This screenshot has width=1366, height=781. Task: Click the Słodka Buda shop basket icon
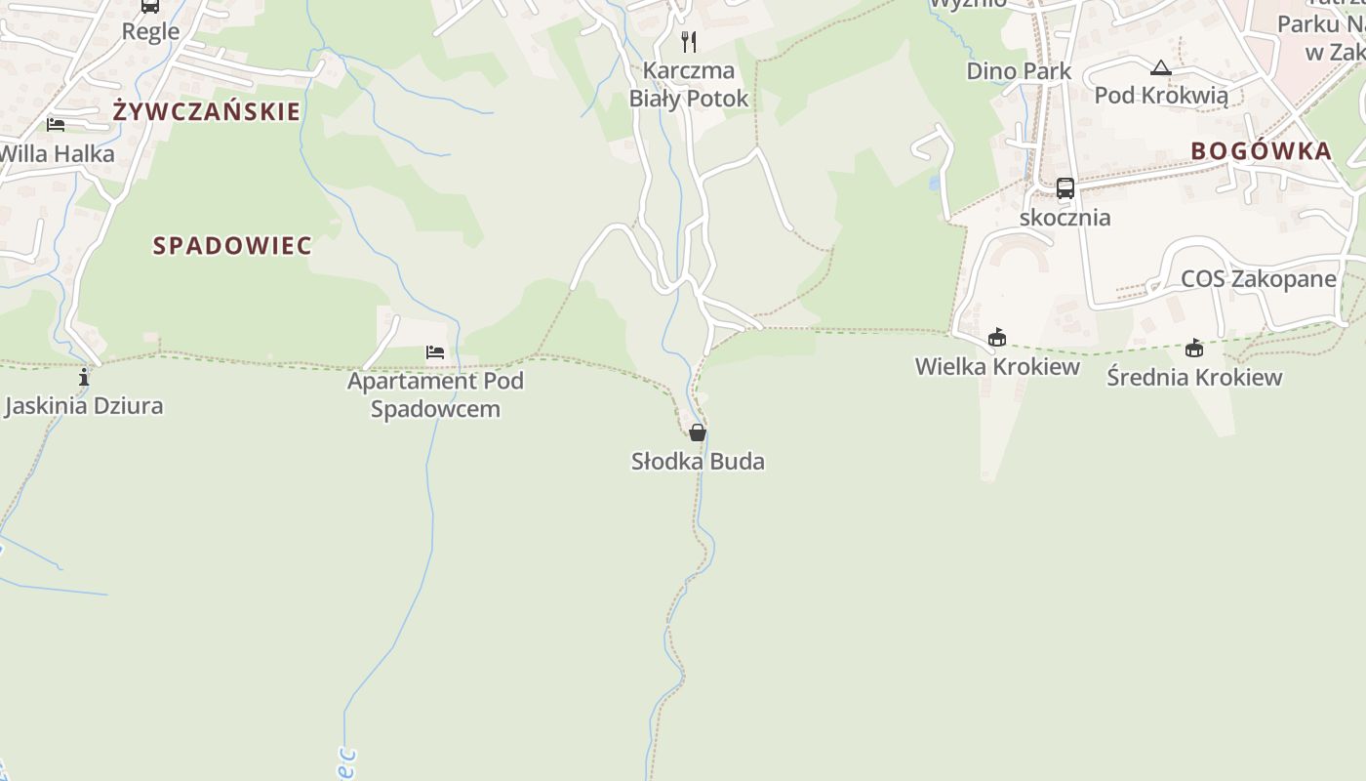[x=698, y=432]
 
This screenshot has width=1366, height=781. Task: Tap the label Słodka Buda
[x=698, y=461]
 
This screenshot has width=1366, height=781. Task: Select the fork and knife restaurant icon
[x=689, y=41]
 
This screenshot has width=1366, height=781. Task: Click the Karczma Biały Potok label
[x=689, y=84]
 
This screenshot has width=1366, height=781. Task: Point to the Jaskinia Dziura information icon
[x=84, y=377]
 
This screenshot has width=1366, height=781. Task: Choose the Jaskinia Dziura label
[x=84, y=406]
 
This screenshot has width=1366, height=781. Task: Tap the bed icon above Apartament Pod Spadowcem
[x=435, y=352]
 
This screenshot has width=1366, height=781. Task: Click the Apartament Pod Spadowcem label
[x=435, y=394]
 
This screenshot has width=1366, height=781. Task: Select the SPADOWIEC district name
[x=232, y=246]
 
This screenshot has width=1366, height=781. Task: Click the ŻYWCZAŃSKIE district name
[x=207, y=111]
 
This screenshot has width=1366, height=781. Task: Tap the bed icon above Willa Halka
[x=56, y=125]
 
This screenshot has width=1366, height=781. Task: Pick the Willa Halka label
[x=57, y=153]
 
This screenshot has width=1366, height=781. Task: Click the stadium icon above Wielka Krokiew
[x=997, y=338]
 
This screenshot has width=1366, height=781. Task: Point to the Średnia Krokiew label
[x=1194, y=377]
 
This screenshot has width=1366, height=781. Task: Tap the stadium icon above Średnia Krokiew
[x=1194, y=349]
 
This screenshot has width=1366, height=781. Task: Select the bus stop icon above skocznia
[x=1065, y=188]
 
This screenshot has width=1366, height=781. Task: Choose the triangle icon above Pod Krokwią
[x=1160, y=68]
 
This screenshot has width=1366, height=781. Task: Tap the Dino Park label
[x=1019, y=71]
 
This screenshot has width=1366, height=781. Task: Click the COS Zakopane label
[x=1259, y=279]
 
